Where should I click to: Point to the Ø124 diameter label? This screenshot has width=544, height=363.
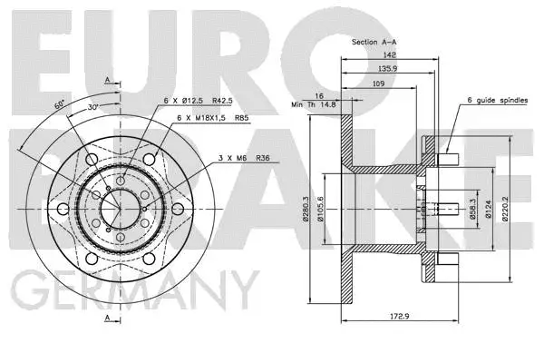(x=486, y=210)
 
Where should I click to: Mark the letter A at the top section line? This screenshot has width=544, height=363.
(x=107, y=80)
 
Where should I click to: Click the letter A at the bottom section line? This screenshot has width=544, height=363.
(x=107, y=319)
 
